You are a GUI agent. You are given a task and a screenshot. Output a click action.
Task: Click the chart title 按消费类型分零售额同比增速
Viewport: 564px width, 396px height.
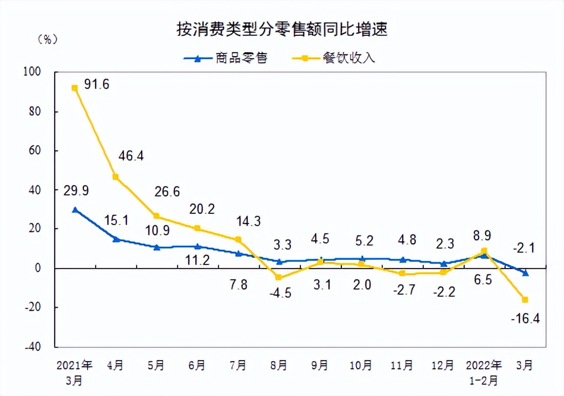(x=282, y=29)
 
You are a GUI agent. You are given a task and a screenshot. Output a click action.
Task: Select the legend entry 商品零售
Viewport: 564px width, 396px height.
(x=226, y=58)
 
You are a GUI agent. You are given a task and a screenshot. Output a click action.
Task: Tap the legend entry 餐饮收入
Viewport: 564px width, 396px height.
(x=333, y=58)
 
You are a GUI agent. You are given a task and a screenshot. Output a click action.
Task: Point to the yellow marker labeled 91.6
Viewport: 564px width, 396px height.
(x=75, y=88)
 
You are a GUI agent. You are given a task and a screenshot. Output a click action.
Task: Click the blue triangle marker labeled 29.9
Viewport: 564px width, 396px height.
(x=75, y=209)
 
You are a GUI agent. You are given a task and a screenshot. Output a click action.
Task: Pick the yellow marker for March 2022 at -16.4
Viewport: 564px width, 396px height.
(x=525, y=300)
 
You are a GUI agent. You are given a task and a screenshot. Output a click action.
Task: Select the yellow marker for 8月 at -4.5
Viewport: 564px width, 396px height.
(x=279, y=277)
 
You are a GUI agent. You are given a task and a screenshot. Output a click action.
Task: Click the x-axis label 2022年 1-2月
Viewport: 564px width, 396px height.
(x=484, y=372)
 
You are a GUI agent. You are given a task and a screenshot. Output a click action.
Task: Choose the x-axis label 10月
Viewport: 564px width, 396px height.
(x=361, y=366)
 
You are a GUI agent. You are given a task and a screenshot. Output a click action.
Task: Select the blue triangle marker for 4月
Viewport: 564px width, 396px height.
(x=116, y=238)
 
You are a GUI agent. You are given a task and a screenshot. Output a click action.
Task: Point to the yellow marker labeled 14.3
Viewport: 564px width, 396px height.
(x=238, y=239)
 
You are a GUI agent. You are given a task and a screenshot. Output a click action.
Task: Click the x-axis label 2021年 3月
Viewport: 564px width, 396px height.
(x=75, y=372)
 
